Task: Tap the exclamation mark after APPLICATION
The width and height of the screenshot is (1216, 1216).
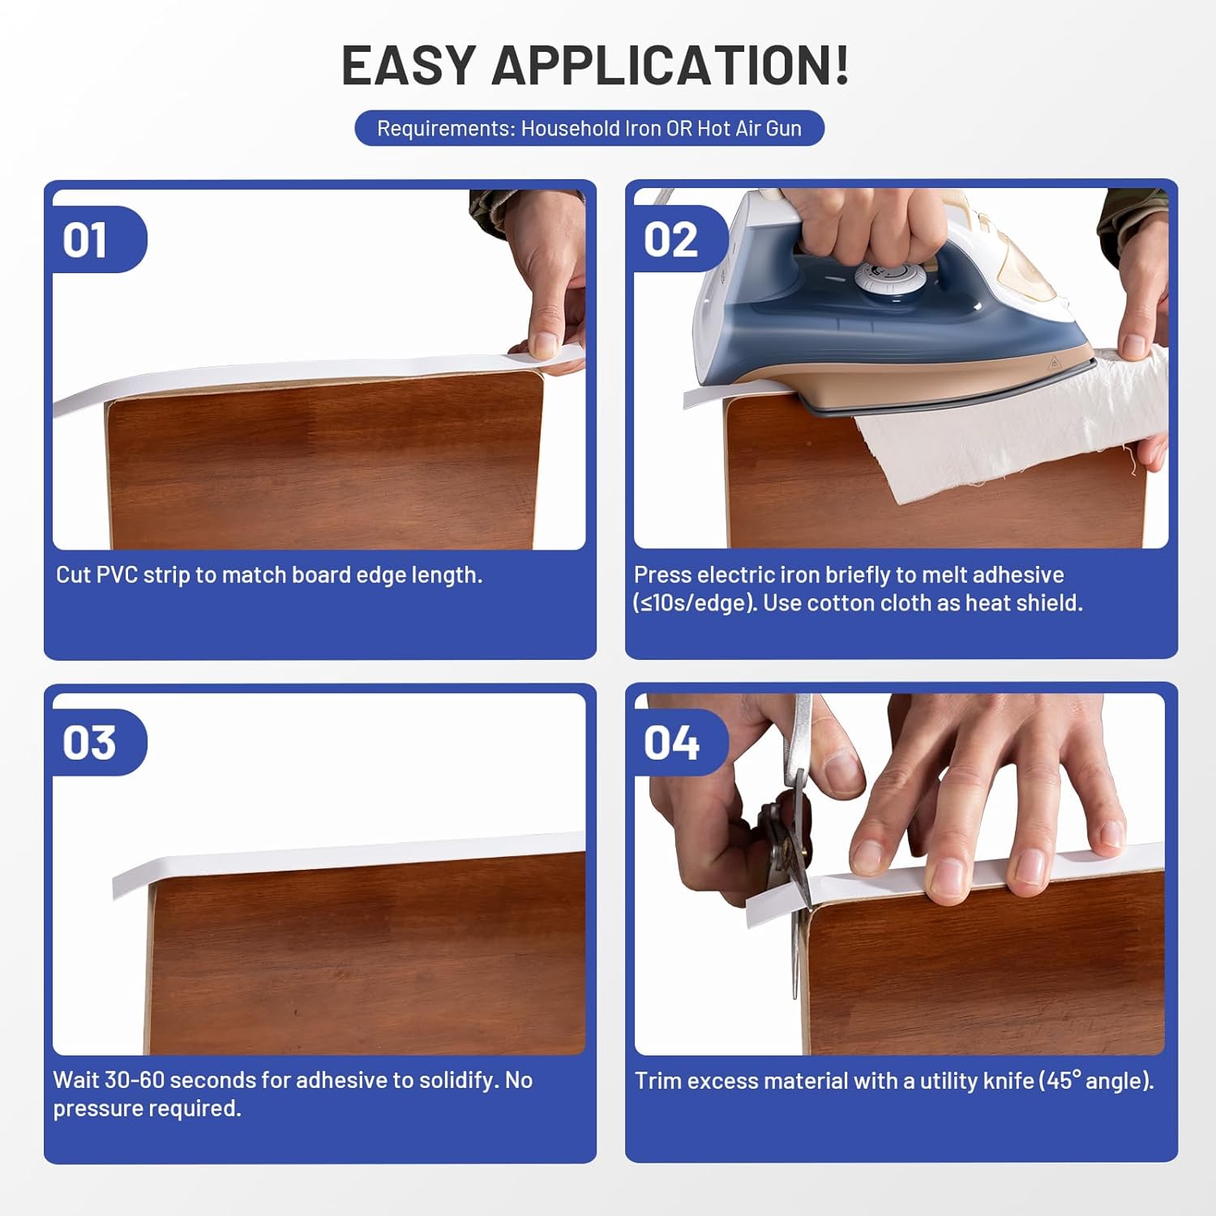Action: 840,65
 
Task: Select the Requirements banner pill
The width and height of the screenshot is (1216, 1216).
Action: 589,128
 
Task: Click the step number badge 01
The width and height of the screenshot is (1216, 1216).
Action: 86,241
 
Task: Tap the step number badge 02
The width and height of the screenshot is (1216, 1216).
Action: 670,241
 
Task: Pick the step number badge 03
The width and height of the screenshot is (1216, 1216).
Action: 89,743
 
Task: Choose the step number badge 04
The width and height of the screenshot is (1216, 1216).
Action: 671,743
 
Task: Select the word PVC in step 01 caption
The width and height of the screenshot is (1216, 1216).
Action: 118,575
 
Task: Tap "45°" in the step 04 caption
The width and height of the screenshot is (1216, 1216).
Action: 1063,1081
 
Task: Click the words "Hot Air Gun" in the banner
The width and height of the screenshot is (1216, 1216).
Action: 749,128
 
